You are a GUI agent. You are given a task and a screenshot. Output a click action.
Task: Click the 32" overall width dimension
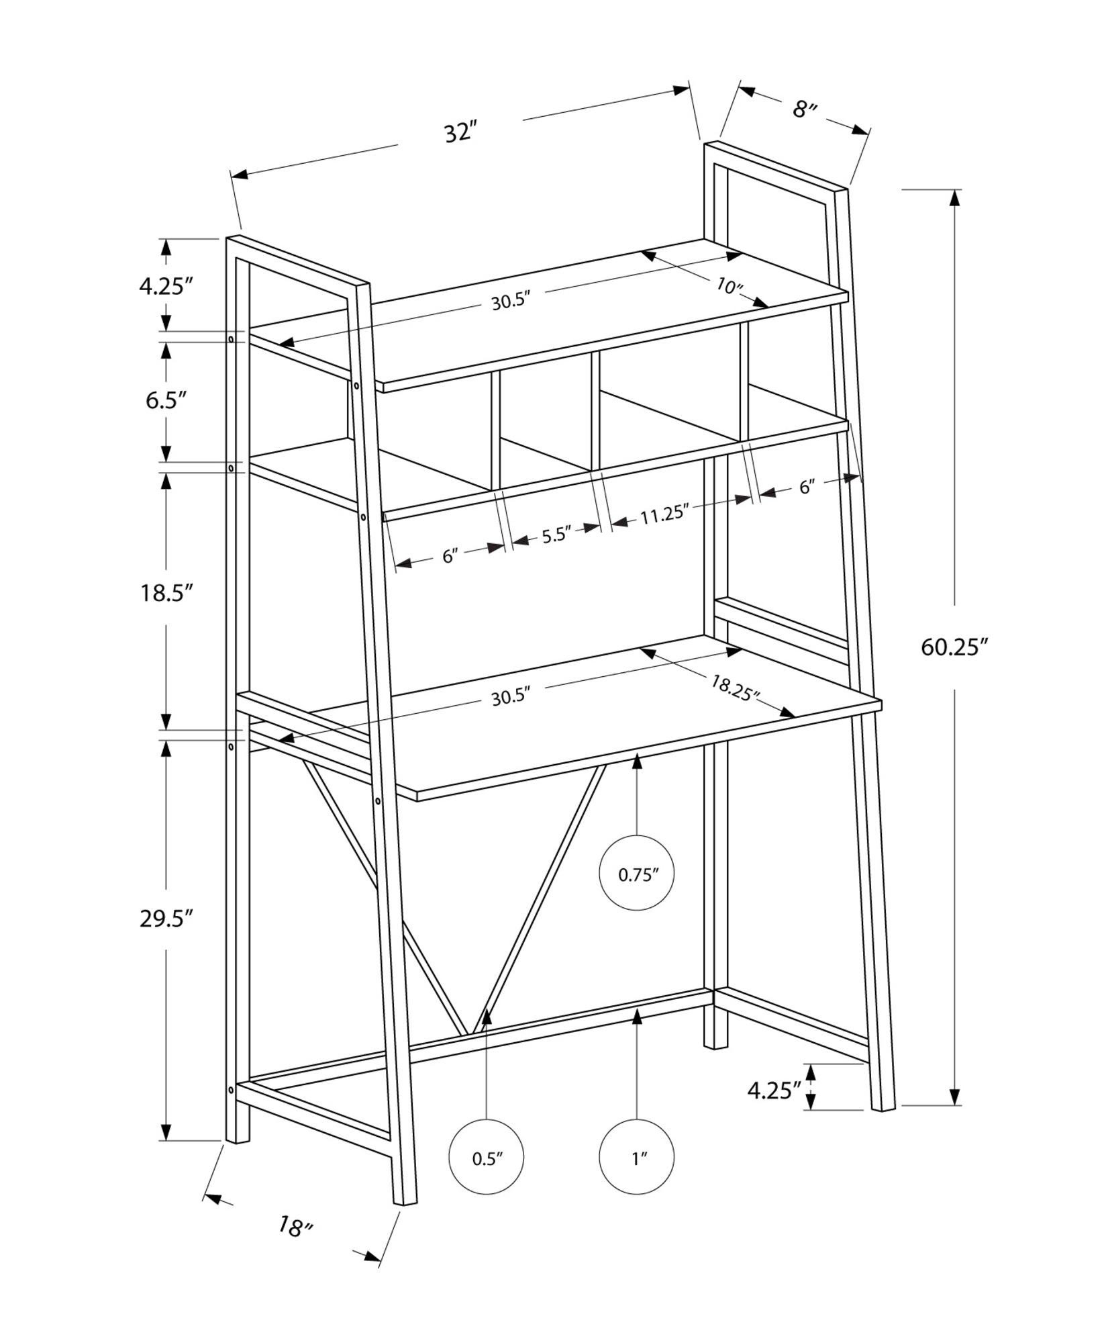460,132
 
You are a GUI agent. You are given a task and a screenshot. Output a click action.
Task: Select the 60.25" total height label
955,647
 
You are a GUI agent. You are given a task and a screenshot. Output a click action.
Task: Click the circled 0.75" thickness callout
636,875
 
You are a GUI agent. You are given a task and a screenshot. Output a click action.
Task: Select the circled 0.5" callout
487,1158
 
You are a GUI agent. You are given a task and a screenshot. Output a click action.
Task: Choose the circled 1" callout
637,1158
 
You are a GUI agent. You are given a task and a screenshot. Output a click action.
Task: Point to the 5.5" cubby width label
556,535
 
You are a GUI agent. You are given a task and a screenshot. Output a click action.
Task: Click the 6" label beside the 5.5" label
450,556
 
